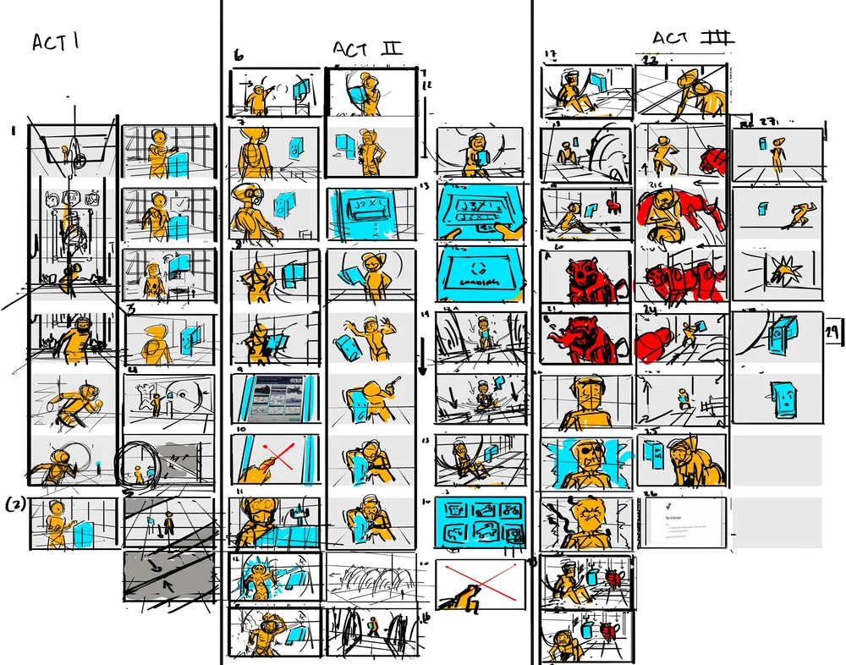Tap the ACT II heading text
coord(367,49)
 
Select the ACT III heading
coord(692,39)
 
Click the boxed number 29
coord(834,335)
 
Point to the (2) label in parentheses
coord(15,506)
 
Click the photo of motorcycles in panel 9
coord(276,401)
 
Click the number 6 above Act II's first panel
coord(239,57)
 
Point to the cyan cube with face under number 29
coord(783,397)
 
